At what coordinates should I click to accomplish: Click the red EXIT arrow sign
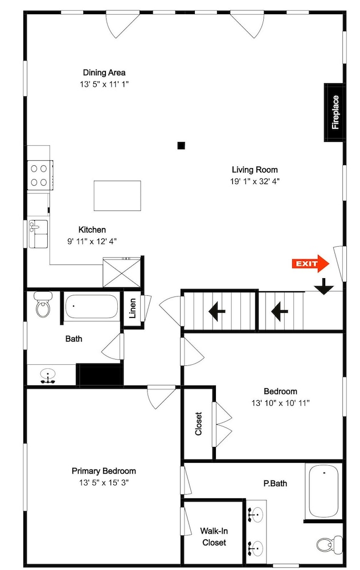tap(310, 263)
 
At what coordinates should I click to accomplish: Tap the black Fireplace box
tap(334, 112)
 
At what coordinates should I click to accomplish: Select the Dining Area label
tap(104, 72)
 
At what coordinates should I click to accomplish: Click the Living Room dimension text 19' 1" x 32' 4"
tap(255, 181)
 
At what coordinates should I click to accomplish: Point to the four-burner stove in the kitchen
tap(40, 175)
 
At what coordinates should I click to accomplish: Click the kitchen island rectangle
tap(117, 196)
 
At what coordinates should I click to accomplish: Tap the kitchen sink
tap(38, 234)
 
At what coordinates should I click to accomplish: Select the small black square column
tap(181, 146)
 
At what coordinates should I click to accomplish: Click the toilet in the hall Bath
tap(43, 304)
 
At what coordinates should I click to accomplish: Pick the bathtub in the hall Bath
tap(92, 307)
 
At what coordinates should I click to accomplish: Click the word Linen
tap(133, 308)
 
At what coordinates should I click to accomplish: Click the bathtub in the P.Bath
tap(324, 491)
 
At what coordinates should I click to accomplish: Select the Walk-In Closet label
tap(214, 536)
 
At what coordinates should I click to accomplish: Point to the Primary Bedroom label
tap(104, 471)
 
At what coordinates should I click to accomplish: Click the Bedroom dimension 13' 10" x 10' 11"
tap(280, 403)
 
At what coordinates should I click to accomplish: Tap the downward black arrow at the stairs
tap(324, 286)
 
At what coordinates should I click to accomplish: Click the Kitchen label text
tap(92, 230)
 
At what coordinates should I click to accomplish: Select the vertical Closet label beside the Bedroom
tap(198, 424)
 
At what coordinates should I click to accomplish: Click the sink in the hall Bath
tap(48, 376)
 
